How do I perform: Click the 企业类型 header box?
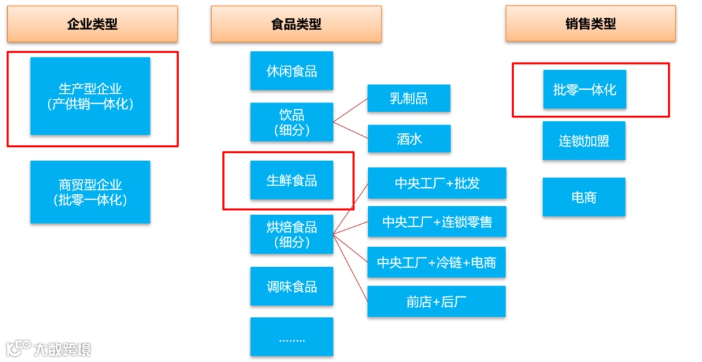[92, 24]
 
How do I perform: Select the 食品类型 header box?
[296, 24]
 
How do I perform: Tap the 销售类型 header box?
[590, 24]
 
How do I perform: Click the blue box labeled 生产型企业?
[90, 96]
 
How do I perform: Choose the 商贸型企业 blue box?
[90, 192]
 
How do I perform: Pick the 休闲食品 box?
[292, 71]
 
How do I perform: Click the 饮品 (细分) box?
[292, 122]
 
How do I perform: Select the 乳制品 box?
[409, 99]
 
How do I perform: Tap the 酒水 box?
[409, 138]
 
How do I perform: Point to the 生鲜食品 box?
[292, 180]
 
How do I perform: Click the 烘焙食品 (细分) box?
[292, 235]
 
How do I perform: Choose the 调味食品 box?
[292, 287]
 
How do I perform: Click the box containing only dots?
[292, 337]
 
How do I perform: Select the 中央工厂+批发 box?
[437, 183]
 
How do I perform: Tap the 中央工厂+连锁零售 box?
[437, 222]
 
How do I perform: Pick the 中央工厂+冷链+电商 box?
[437, 263]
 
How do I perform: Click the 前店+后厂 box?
[437, 302]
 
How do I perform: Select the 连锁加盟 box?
[584, 140]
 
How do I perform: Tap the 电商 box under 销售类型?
[584, 197]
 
